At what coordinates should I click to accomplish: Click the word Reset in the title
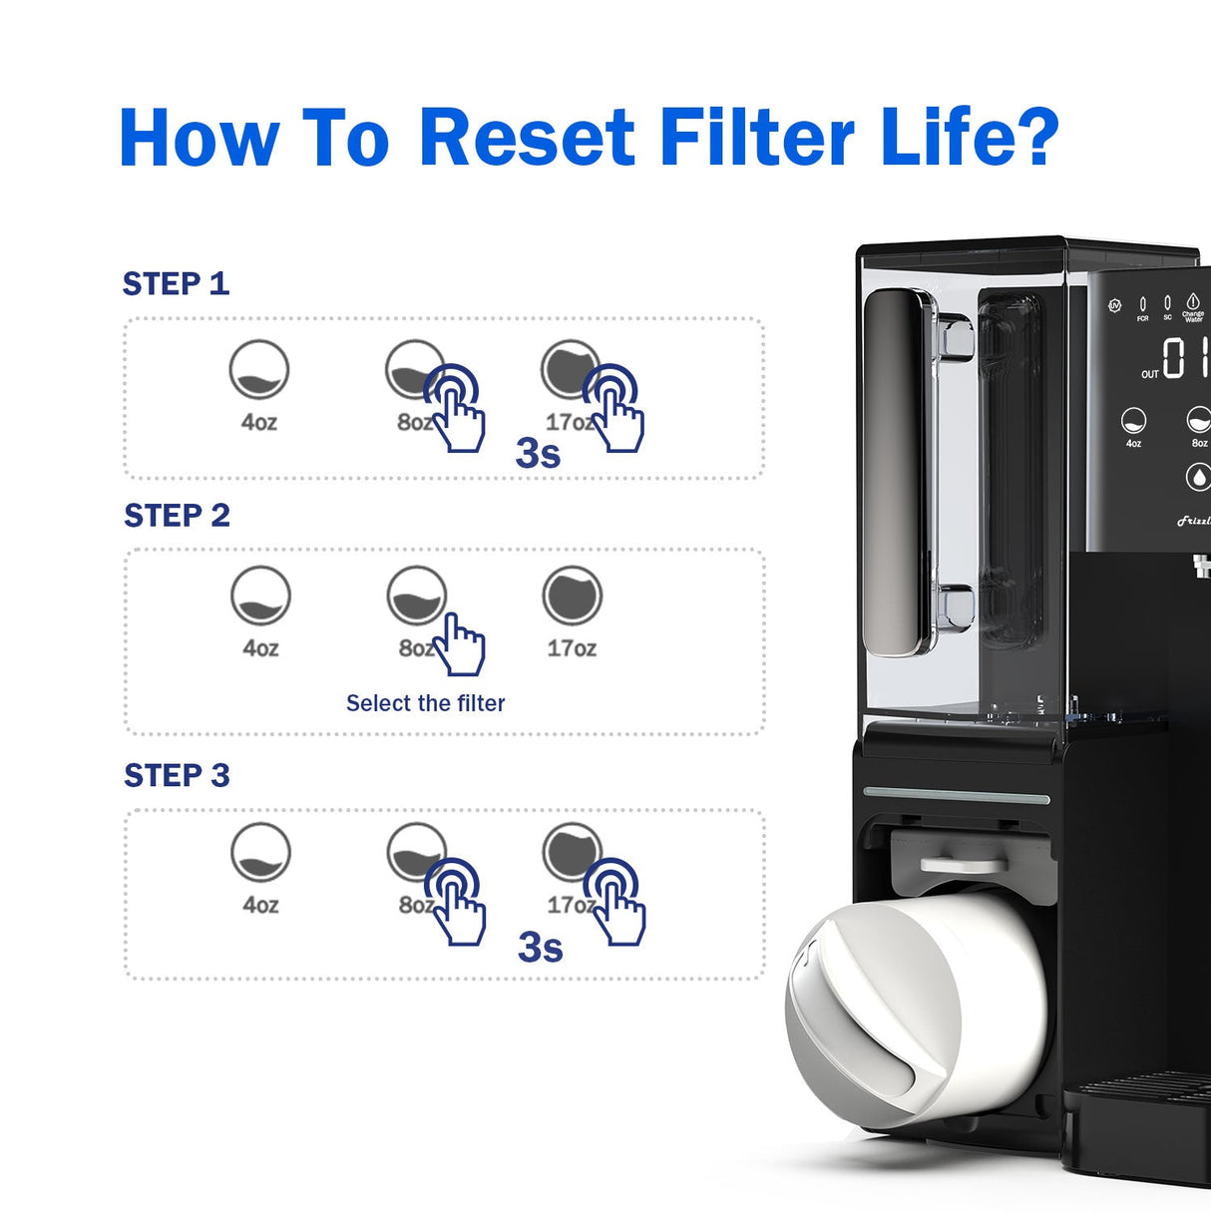click(526, 137)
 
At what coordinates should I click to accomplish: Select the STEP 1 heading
click(176, 284)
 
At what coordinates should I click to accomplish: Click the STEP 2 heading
click(177, 516)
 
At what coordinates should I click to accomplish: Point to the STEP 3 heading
click(177, 775)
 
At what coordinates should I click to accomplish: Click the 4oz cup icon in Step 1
click(259, 370)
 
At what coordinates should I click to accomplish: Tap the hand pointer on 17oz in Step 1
click(613, 409)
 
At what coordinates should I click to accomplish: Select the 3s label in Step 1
click(538, 453)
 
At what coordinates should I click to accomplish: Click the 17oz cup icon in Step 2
click(572, 597)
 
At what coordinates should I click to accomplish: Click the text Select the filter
click(425, 703)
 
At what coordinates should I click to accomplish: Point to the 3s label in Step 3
click(540, 948)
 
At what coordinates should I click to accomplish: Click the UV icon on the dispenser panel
click(1114, 305)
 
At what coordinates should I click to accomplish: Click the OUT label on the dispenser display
click(1150, 374)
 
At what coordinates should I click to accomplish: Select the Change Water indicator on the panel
click(1193, 306)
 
